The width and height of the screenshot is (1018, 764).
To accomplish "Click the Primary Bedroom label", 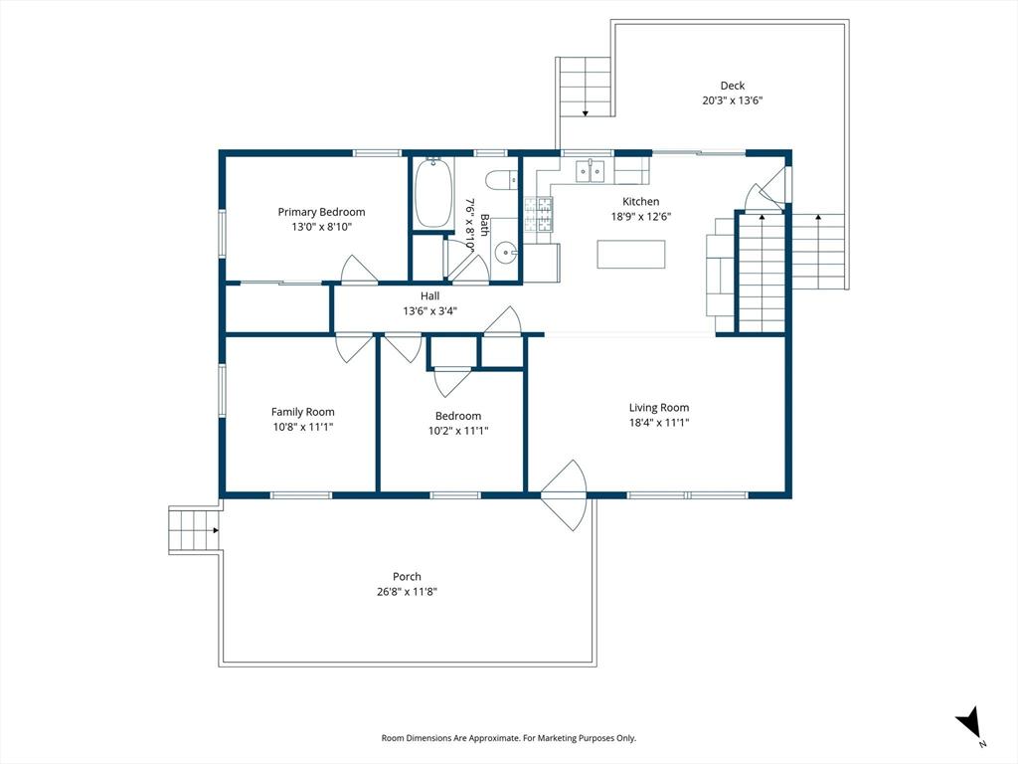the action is click(321, 212).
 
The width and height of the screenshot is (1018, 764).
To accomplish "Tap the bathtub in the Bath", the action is click(433, 192).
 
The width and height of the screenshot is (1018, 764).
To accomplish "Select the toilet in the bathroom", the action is click(501, 179).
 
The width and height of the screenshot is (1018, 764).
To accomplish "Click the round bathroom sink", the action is click(504, 253).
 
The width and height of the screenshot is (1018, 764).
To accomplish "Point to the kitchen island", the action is click(631, 254).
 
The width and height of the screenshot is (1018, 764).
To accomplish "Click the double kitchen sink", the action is click(590, 170).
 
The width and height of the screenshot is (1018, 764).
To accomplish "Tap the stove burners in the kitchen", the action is click(539, 215).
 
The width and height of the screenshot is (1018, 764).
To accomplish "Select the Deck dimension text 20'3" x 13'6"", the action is click(733, 100).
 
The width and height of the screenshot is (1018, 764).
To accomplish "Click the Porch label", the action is click(407, 576).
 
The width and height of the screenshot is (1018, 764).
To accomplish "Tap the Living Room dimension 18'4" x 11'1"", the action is click(659, 423).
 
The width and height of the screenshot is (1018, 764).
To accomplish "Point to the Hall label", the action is click(429, 296).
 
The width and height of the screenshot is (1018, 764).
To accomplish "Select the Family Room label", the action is click(303, 412).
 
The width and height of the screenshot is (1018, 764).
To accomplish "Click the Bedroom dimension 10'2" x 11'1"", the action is click(458, 431).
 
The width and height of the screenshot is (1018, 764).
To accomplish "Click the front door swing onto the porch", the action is click(564, 495).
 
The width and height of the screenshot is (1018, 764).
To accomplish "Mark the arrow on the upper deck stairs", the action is click(585, 113).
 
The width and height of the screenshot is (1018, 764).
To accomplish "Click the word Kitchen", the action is click(641, 201).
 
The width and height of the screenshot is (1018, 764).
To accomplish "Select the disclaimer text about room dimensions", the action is click(508, 738).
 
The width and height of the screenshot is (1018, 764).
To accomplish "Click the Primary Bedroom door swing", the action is click(359, 270).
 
